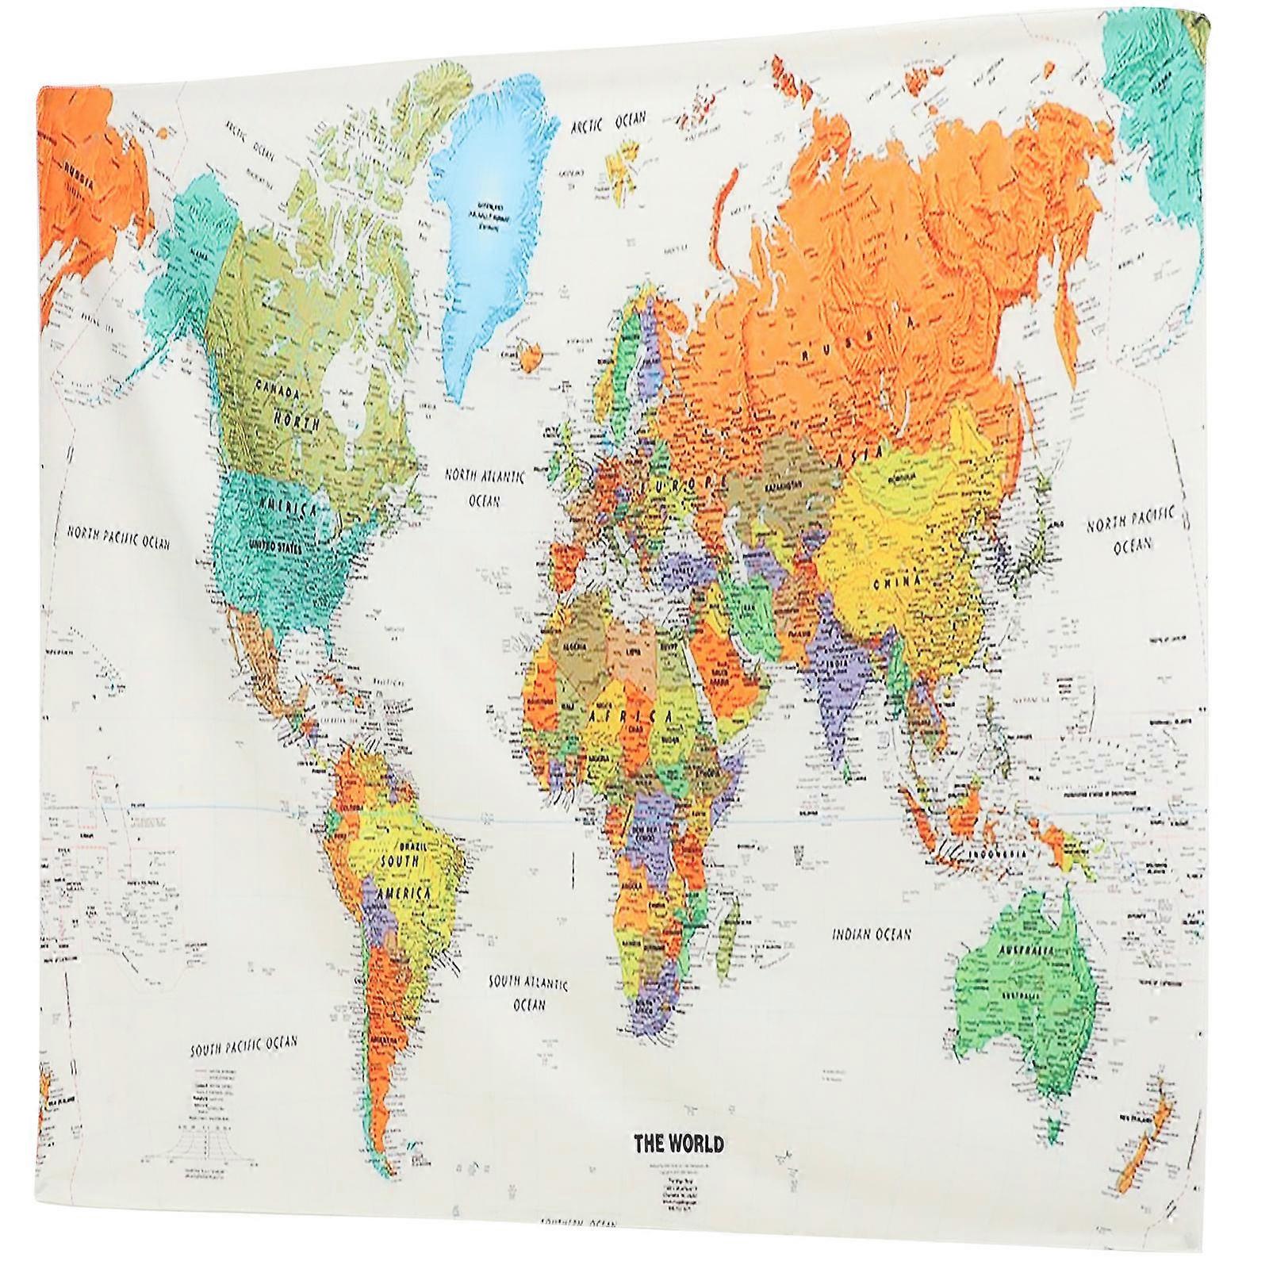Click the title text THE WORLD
pos(678,1144)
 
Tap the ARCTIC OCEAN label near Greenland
pos(608,123)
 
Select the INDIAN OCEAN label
pos(871,934)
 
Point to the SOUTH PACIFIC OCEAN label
pos(243,1046)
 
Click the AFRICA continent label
pos(631,716)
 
